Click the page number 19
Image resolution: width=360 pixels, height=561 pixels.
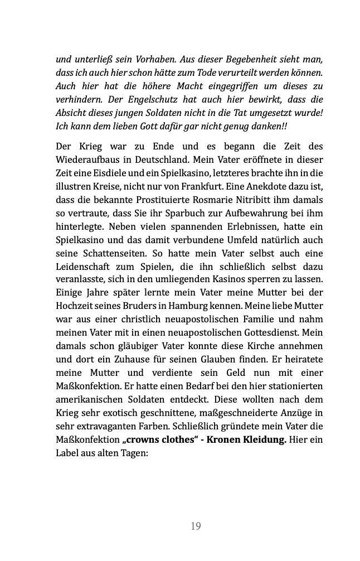[x=196, y=526]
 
